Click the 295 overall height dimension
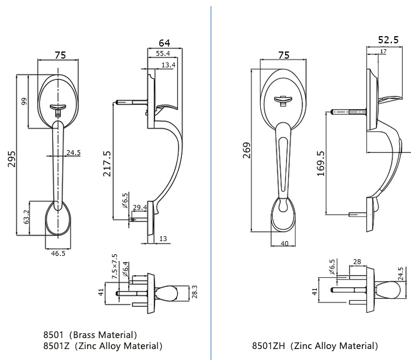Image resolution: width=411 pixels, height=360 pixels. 12,158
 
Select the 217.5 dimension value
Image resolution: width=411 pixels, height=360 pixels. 107,163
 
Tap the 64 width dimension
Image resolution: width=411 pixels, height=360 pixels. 164,43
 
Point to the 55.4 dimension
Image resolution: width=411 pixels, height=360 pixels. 163,53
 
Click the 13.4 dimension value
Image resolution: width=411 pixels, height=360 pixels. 168,65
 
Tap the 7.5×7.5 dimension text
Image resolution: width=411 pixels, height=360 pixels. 114,267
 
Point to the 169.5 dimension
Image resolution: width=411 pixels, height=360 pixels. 321,164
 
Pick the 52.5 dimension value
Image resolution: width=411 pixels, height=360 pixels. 388,39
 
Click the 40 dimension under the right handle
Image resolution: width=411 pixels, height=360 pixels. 284,244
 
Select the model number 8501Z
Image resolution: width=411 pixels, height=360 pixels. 56,346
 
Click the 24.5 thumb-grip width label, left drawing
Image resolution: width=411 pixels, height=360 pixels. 73,152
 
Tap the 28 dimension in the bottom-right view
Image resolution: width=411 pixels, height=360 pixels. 357,262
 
